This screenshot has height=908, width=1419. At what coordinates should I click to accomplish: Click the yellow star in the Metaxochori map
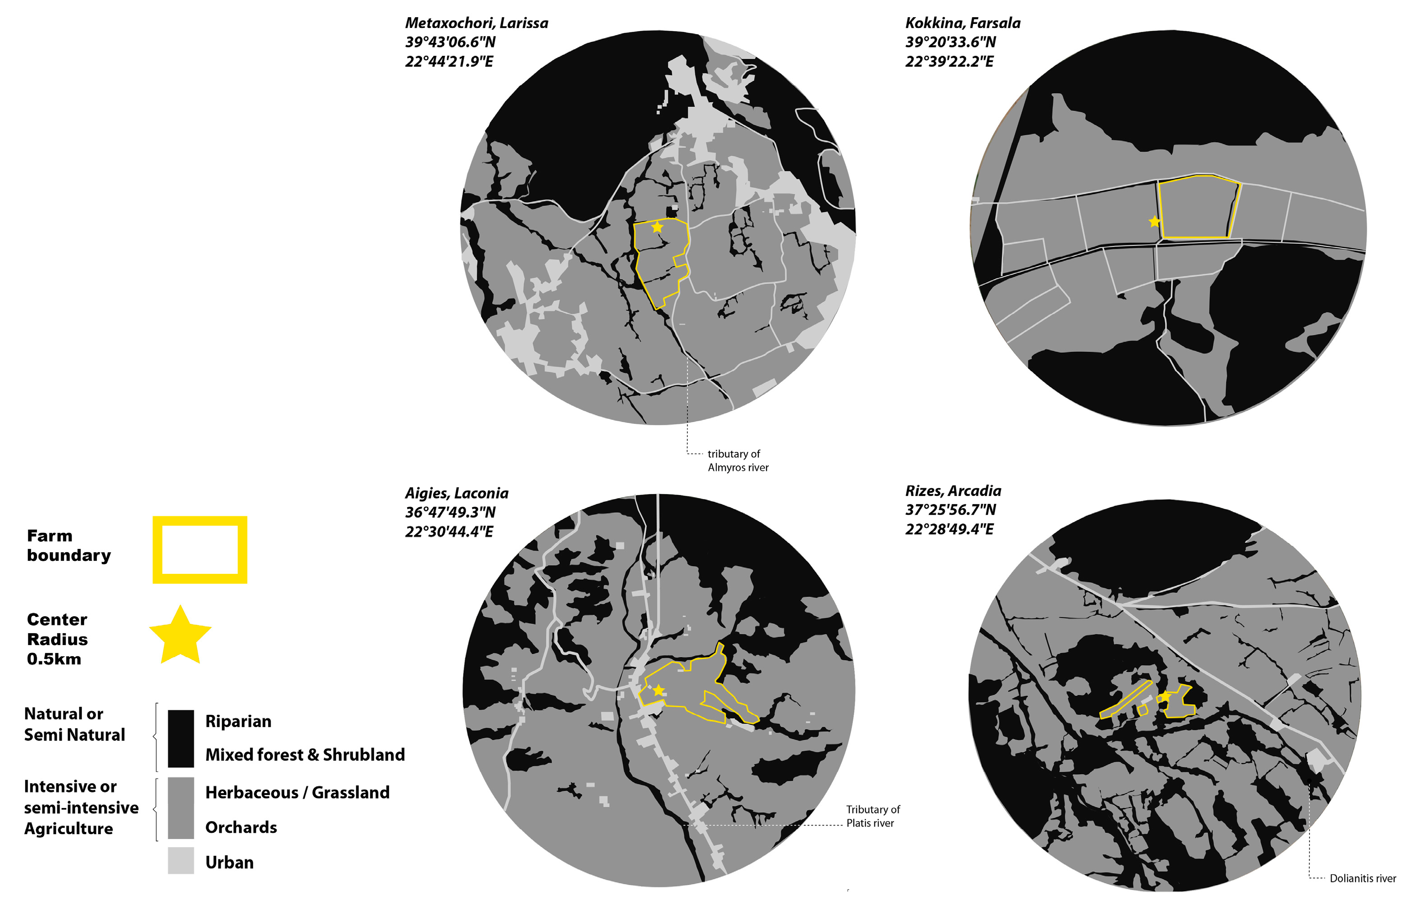657,227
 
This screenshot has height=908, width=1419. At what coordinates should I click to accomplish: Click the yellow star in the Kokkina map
1154,222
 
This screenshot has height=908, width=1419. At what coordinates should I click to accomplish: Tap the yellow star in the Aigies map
658,690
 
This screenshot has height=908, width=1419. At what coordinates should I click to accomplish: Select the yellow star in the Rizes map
1165,697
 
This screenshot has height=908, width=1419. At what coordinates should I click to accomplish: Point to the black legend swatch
181,738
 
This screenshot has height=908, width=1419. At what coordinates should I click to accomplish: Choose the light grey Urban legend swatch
181,860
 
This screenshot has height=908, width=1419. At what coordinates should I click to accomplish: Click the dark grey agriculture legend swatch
181,807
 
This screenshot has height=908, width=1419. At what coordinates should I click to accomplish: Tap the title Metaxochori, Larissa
476,23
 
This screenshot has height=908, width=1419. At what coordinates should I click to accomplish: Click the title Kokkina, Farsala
963,23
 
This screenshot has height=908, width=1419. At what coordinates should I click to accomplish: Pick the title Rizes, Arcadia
953,490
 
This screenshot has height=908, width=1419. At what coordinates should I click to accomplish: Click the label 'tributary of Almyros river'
738,460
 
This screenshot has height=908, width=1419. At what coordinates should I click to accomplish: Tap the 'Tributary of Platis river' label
872,816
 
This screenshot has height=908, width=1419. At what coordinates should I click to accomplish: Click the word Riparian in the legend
238,721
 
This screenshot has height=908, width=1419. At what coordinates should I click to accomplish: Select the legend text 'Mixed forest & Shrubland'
305,755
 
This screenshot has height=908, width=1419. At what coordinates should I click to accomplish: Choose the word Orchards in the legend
241,827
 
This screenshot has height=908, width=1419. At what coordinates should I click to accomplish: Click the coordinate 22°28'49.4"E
949,529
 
